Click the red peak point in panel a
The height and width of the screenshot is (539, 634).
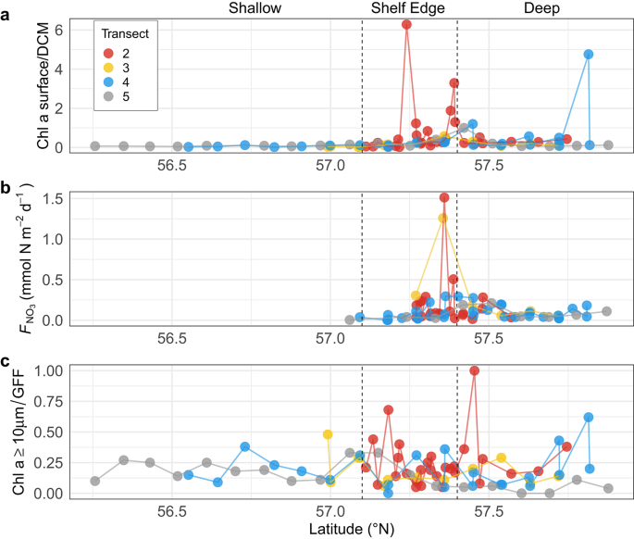pos(406,24)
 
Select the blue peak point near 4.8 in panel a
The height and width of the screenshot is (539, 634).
pos(589,55)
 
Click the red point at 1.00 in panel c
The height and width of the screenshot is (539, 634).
pos(475,370)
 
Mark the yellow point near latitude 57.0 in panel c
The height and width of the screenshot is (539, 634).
pos(328,434)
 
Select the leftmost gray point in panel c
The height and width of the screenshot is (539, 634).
pos(95,481)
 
